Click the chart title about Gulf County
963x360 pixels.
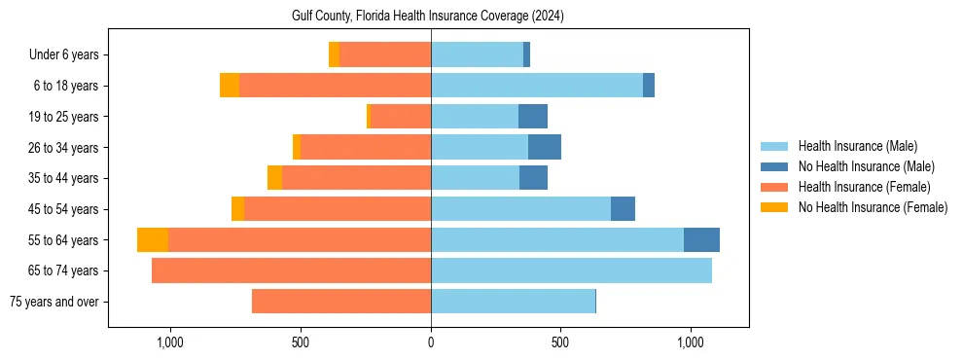pos(428,17)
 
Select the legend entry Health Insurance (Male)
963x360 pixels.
pos(855,146)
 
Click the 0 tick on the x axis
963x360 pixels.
pos(431,343)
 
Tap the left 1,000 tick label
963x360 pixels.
pos(170,343)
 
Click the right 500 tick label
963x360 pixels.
pos(560,343)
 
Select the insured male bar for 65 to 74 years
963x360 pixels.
pos(571,270)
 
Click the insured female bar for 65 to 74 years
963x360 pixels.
pos(292,270)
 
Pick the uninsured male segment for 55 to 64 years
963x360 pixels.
pos(701,240)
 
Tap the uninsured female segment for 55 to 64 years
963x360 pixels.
pos(153,240)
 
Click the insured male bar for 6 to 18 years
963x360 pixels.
pos(537,86)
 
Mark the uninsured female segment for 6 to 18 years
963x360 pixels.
pos(230,86)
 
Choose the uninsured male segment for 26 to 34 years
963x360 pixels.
pos(545,147)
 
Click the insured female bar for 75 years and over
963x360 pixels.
pos(341,302)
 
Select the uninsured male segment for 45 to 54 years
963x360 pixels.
pos(623,209)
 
